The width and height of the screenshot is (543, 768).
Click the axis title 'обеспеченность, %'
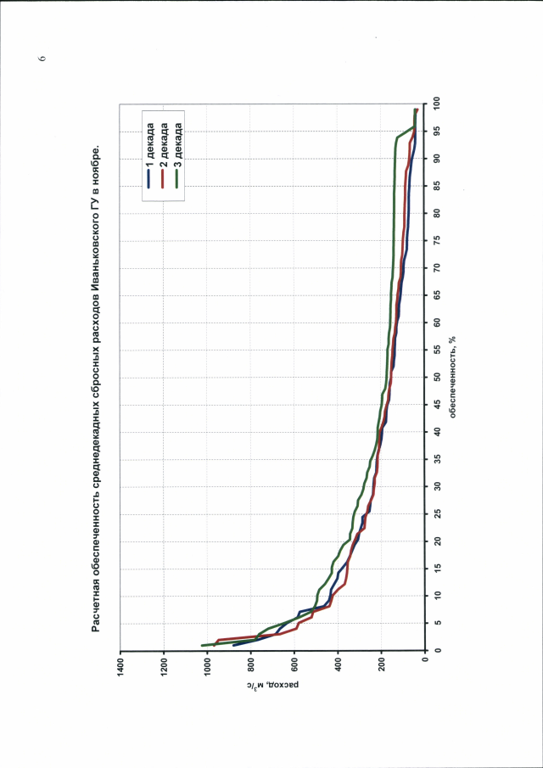tap(455, 378)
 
